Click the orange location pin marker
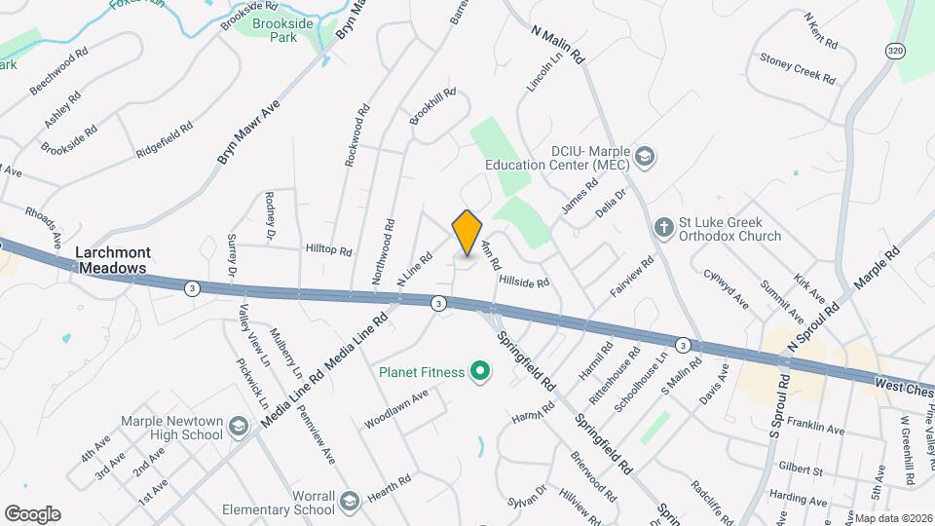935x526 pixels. [x=467, y=233]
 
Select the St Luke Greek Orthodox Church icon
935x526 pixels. [x=663, y=227]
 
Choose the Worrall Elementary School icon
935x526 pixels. [x=350, y=501]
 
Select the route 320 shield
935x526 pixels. [x=895, y=49]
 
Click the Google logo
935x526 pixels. [x=32, y=514]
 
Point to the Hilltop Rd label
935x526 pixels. [x=328, y=250]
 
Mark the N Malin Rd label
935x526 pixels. [x=557, y=44]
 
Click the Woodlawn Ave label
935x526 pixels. [x=396, y=410]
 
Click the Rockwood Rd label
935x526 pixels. [x=359, y=136]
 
